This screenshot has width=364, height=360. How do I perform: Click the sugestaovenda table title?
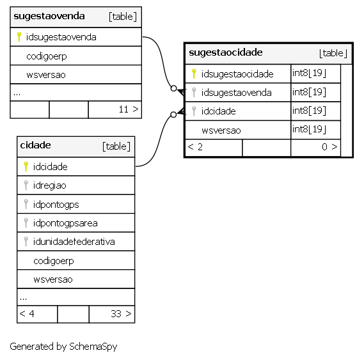49,17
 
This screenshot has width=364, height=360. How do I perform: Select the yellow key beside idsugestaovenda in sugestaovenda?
19,37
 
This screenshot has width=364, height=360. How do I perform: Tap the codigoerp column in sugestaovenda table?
47,56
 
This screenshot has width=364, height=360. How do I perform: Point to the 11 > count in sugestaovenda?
129,109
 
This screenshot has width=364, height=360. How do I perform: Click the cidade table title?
35,145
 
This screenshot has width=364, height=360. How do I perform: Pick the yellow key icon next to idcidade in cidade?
26,166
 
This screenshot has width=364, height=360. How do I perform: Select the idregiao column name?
49,185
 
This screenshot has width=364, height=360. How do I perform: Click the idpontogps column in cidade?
56,205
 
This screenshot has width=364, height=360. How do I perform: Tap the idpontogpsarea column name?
65,223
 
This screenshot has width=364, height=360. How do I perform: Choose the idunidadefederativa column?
74,242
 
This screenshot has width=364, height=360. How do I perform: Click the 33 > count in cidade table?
121,314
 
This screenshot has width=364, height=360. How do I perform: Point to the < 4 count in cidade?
27,314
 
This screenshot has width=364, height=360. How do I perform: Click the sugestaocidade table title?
226,52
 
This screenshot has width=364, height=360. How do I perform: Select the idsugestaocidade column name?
237,74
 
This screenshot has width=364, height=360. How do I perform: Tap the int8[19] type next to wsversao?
309,129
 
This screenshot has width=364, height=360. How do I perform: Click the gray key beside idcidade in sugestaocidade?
194,111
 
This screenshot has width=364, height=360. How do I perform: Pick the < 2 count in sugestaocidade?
195,147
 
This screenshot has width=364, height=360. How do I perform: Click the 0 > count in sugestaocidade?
329,147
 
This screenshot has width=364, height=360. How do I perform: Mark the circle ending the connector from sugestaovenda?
173,88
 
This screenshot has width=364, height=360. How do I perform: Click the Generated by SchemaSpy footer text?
63,347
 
